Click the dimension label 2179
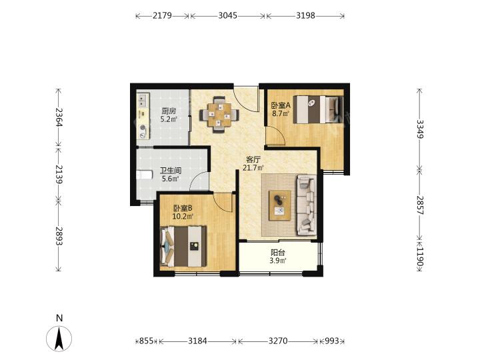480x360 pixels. point(162,15)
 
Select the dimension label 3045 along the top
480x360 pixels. point(227,15)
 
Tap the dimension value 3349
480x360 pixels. point(420,129)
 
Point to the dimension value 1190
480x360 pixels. point(420,257)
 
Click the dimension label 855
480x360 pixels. point(146,341)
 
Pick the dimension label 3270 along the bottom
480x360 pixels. point(278,341)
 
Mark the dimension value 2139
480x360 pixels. point(59,175)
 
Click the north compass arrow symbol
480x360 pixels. point(59,338)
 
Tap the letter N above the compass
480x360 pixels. point(59,318)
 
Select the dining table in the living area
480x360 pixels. point(219,115)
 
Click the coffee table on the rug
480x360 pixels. point(280,205)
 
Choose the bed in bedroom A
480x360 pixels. point(318,109)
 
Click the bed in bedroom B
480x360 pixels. point(183,246)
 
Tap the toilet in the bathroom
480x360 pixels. point(144,175)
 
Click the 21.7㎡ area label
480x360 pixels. point(253,168)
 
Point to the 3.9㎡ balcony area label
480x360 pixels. point(278,261)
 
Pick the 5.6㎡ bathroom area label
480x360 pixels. point(170,179)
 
